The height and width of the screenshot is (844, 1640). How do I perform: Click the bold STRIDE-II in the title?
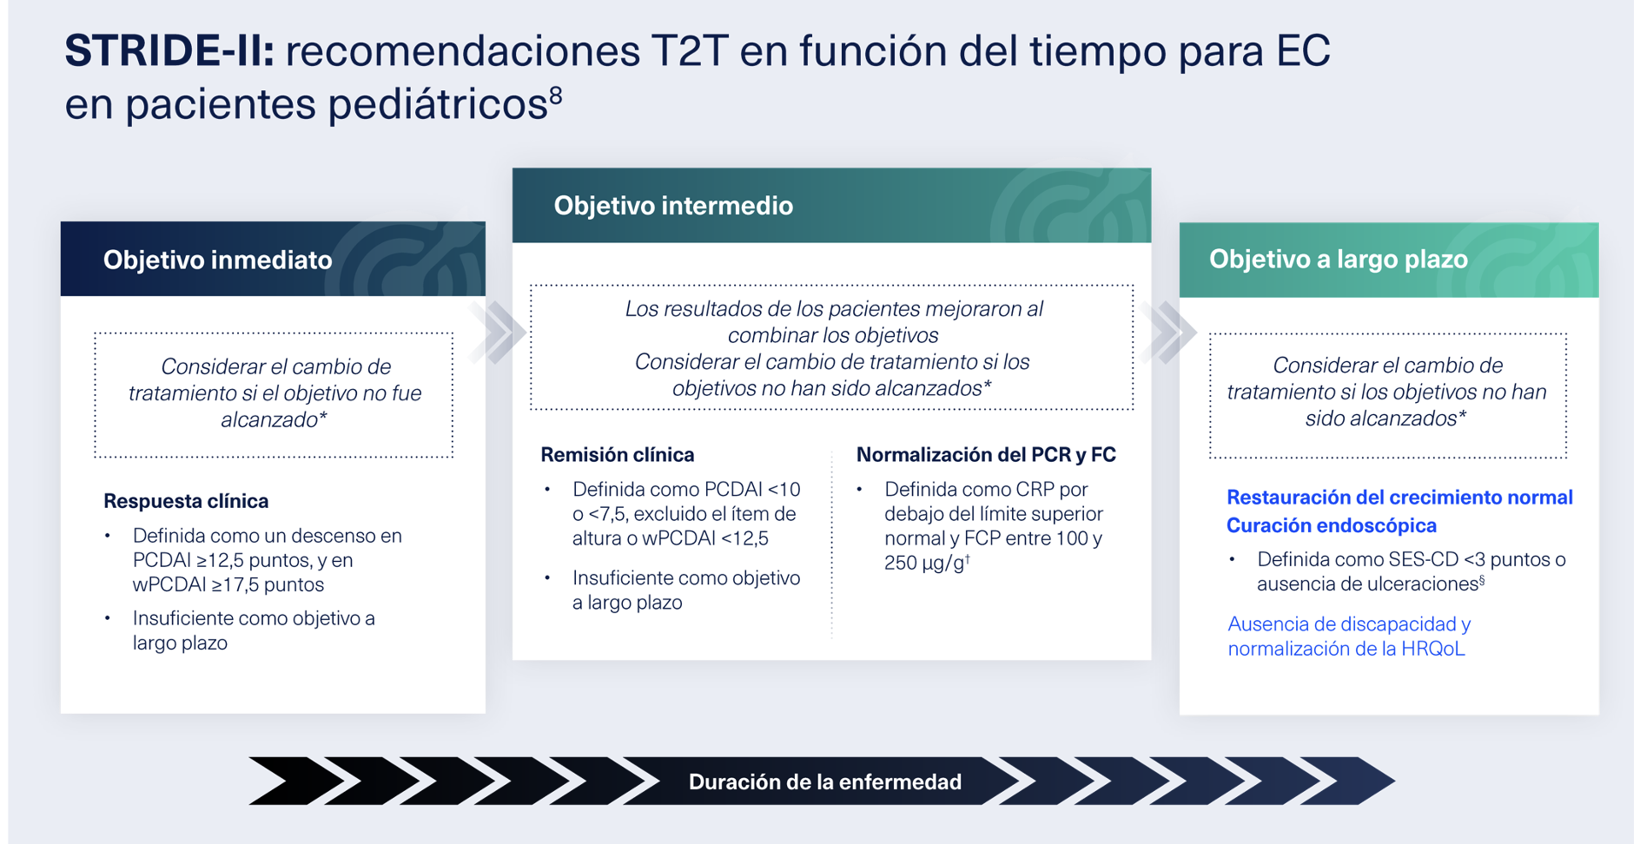(169, 50)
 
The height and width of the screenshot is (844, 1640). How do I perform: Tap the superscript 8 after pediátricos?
(556, 95)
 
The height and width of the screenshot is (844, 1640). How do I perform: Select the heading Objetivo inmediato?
(217, 260)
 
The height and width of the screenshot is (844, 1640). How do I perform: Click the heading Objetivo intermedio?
(673, 206)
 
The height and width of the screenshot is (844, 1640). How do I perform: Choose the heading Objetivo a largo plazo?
(1338, 259)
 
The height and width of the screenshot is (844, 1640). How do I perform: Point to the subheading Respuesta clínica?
(186, 501)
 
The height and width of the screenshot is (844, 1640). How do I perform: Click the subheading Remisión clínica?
(617, 455)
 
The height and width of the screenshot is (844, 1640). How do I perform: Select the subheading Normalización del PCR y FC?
(986, 455)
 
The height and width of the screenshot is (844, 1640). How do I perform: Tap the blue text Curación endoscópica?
(1331, 525)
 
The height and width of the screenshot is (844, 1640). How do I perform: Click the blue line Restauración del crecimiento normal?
(1399, 498)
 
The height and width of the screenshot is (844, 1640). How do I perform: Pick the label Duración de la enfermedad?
(824, 782)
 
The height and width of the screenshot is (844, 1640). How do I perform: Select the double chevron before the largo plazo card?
(1169, 332)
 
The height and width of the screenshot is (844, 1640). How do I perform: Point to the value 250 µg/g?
(924, 564)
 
